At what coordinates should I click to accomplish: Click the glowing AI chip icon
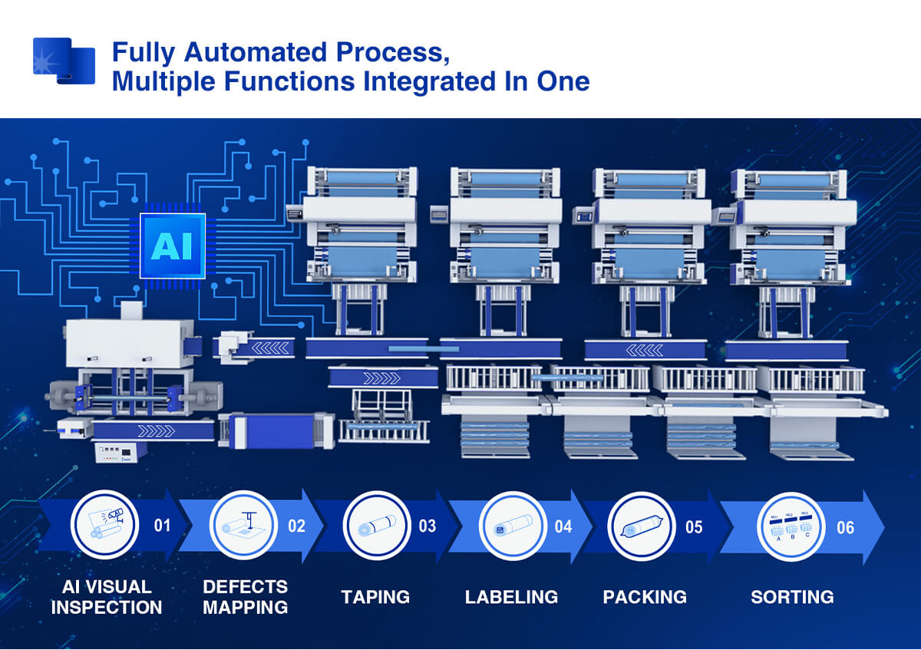(173, 245)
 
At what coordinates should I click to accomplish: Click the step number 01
(162, 526)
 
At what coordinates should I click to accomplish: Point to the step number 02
(296, 526)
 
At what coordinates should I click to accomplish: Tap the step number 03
(427, 526)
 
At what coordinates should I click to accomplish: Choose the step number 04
(563, 527)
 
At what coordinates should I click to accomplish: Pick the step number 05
(694, 527)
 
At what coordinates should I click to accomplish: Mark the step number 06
(845, 527)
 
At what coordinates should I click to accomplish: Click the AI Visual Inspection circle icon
(104, 526)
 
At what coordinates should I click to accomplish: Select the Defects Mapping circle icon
(243, 526)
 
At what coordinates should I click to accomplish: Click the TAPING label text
(375, 597)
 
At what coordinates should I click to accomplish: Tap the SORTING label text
(792, 597)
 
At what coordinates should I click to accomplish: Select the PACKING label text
(645, 597)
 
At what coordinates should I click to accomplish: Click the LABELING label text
(511, 597)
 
